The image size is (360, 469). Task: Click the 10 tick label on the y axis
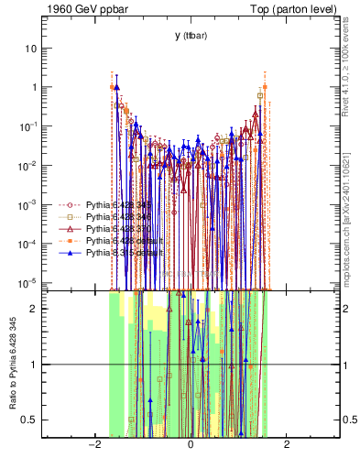(x=31, y=48)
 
